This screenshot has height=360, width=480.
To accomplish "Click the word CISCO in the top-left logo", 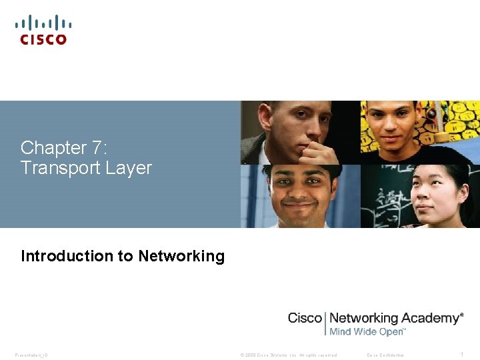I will (43, 39).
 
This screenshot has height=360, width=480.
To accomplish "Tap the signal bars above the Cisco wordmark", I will (43, 23).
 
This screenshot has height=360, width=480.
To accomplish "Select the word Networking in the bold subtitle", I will (181, 256).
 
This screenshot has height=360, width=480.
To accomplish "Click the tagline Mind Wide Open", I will (367, 331).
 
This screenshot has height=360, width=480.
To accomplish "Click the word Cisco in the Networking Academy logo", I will (305, 318).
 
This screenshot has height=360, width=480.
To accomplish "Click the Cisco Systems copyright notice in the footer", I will (289, 355).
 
